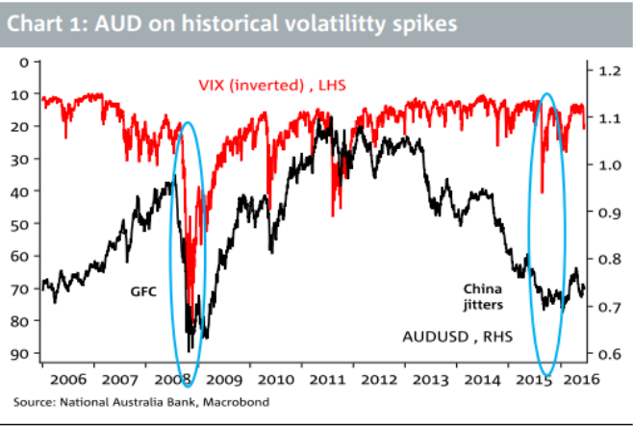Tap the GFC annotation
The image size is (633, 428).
click(142, 288)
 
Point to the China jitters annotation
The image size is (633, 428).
click(484, 295)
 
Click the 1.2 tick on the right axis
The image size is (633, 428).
click(609, 71)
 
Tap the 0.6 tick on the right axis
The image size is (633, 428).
click(609, 354)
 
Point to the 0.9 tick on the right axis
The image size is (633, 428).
click(609, 213)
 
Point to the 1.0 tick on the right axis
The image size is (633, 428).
click(609, 165)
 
